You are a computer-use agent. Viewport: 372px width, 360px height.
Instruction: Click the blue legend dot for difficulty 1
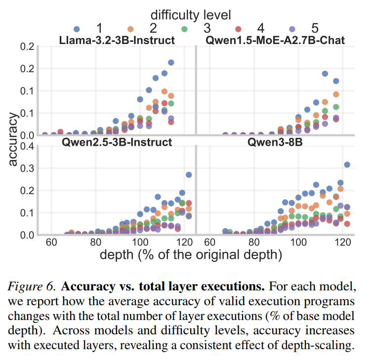tap(77, 29)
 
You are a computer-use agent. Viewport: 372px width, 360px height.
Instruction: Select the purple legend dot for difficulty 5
tap(292, 29)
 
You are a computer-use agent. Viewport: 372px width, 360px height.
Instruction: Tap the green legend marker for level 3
tap(184, 29)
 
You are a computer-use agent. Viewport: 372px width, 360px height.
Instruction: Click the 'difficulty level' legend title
tap(191, 15)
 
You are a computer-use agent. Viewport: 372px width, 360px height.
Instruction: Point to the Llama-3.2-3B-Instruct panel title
tap(117, 40)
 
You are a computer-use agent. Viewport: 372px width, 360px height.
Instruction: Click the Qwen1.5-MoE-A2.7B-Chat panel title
tap(275, 40)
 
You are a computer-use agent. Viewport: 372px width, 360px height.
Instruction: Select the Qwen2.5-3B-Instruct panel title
tap(117, 142)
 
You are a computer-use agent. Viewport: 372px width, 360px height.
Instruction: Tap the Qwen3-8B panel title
tap(275, 142)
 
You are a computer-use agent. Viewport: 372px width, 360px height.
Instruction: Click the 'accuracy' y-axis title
tap(13, 139)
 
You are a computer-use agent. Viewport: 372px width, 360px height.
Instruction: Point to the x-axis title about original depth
tap(191, 255)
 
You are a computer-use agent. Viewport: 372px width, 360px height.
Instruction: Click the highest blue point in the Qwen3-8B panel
tap(347, 164)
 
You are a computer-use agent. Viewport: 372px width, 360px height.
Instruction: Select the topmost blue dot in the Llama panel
tap(171, 63)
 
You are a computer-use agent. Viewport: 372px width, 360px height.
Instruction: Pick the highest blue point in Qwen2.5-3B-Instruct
tap(189, 175)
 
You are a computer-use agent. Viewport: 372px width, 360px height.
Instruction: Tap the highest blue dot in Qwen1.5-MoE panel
tap(325, 74)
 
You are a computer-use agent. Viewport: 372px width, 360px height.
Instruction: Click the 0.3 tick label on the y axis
tap(27, 168)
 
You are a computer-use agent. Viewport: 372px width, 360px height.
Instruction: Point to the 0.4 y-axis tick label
tap(27, 146)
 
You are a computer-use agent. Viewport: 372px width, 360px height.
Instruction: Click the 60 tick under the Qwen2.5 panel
tap(51, 242)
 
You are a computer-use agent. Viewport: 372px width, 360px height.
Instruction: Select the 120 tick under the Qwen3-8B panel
tap(342, 242)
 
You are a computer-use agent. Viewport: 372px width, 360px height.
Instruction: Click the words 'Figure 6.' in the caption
tap(32, 286)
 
